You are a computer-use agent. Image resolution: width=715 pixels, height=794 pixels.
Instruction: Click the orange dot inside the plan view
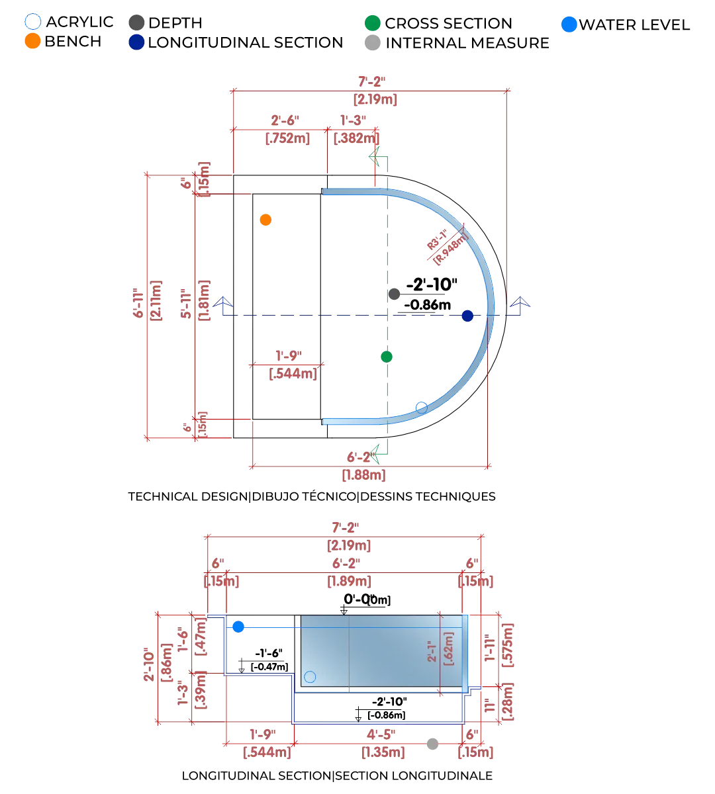pos(266,220)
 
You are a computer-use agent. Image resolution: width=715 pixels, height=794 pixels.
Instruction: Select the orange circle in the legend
pos(32,41)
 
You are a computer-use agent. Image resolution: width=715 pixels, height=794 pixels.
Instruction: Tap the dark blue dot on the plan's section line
pos(468,316)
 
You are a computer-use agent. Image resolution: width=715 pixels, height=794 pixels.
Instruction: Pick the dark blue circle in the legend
pos(137,43)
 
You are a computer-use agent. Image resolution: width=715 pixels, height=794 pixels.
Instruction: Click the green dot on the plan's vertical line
pos(387,357)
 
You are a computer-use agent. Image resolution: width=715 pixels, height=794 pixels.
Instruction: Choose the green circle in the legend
pos(373,22)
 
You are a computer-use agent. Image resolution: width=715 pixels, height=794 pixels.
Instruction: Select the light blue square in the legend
pos(569,24)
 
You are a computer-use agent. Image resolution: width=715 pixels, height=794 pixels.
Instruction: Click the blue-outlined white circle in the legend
pos(32,20)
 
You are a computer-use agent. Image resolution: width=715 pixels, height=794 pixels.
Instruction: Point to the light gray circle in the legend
pos(373,44)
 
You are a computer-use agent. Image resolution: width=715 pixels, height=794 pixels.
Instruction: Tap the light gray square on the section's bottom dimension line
pos(432,744)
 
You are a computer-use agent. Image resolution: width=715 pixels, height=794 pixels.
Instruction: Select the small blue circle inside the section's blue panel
pos(310,677)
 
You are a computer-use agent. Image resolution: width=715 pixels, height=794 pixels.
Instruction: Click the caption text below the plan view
pos(312,496)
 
